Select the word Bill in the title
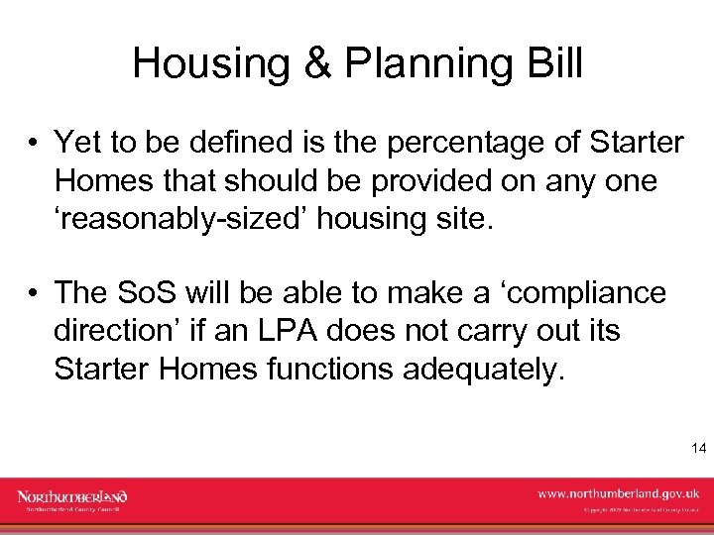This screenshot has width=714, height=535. pyautogui.click(x=552, y=63)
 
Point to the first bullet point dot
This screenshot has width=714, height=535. pyautogui.click(x=33, y=145)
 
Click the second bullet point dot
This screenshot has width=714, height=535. pyautogui.click(x=33, y=294)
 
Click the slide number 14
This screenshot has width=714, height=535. pyautogui.click(x=697, y=449)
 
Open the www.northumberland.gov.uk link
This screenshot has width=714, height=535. pyautogui.click(x=618, y=492)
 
